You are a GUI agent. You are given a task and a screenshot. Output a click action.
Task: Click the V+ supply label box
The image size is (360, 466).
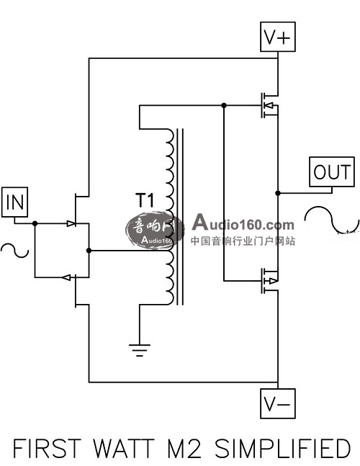pos(278,37)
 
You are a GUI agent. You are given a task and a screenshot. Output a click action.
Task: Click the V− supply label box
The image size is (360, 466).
pos(278,403)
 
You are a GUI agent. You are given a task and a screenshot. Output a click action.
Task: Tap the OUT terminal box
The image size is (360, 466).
pos(332,171)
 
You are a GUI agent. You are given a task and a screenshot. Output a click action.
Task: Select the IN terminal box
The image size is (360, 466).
pos(14,202)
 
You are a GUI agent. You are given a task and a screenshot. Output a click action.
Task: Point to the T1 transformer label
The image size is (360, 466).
pos(145,200)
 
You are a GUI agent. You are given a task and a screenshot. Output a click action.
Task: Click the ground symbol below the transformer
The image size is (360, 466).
pos(139,350)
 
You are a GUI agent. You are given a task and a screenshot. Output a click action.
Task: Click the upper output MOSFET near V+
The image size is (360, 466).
pos(270,105)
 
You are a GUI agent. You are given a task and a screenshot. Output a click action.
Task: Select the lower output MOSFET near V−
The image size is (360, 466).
pos(270,281)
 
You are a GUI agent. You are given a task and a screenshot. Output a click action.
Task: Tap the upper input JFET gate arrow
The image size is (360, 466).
pos(71,223)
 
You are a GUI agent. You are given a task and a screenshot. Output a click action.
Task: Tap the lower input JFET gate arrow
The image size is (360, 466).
pos(66,277)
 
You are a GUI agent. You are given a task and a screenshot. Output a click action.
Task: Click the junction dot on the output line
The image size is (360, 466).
pos(278,193)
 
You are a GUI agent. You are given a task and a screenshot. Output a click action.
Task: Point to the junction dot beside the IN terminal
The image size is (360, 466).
pos(35,223)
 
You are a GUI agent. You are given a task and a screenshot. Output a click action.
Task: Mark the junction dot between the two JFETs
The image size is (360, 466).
pos(89,251)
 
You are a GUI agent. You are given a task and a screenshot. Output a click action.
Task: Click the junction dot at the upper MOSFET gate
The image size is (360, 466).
pos(224,105)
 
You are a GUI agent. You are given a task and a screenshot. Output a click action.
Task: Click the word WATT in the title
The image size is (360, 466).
pos(124,448)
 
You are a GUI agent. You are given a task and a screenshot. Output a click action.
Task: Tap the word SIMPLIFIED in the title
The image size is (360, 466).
pos(282,448)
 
